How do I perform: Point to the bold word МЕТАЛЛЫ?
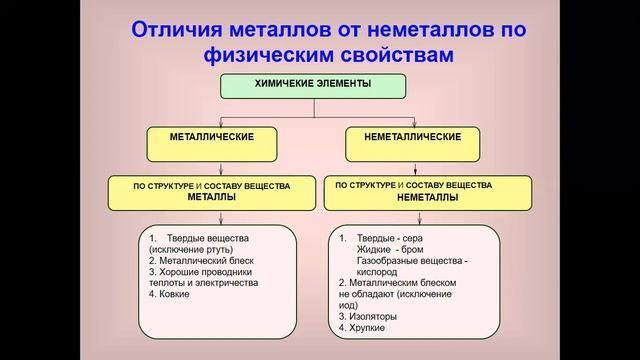[212, 198]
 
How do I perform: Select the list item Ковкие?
[169, 295]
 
